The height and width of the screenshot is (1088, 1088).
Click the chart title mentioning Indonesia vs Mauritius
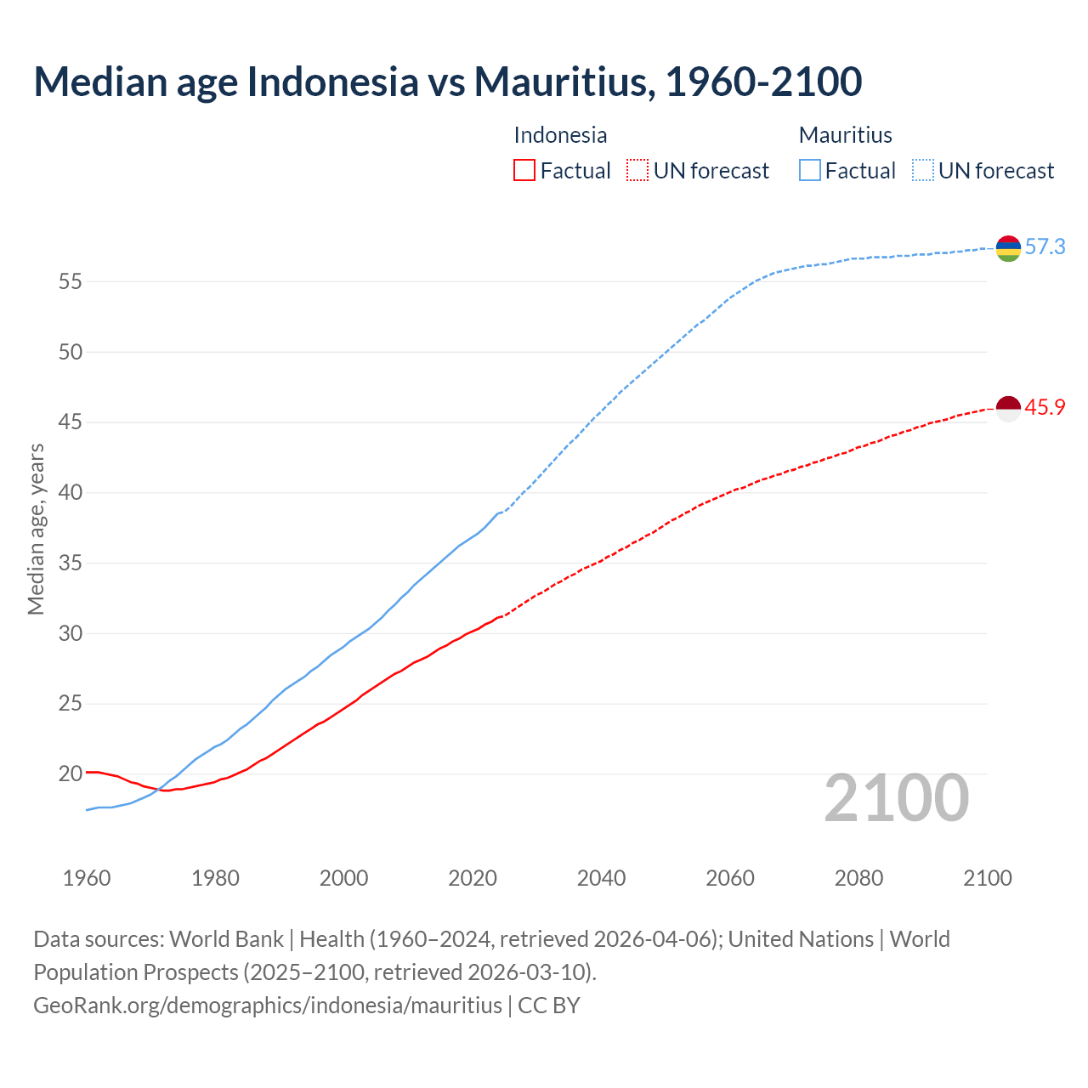pyautogui.click(x=448, y=82)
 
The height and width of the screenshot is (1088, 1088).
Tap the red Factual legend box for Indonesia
pyautogui.click(x=524, y=170)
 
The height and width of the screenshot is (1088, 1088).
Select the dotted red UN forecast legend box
pyautogui.click(x=637, y=170)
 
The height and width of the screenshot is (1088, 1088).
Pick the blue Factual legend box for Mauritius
pyautogui.click(x=810, y=170)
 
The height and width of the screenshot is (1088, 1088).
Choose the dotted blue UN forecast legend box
pyautogui.click(x=923, y=170)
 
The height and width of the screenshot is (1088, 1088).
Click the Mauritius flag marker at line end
pyautogui.click(x=1008, y=248)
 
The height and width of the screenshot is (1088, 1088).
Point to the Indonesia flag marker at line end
pyautogui.click(x=1008, y=409)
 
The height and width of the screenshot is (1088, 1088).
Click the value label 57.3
pyautogui.click(x=1045, y=247)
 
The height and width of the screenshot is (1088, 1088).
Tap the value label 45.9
pyautogui.click(x=1045, y=408)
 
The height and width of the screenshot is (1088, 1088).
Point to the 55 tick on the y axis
pyautogui.click(x=71, y=281)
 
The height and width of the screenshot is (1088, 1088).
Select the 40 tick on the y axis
pyautogui.click(x=71, y=492)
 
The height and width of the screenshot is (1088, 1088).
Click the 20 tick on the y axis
pyautogui.click(x=71, y=773)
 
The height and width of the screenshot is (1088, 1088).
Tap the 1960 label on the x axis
pyautogui.click(x=87, y=878)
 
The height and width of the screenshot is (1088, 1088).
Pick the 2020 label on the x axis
pyautogui.click(x=473, y=878)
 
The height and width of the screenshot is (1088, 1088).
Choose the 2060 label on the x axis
pyautogui.click(x=730, y=878)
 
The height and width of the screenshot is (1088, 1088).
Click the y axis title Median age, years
pyautogui.click(x=36, y=529)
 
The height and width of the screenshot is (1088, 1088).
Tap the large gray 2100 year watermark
pyautogui.click(x=896, y=797)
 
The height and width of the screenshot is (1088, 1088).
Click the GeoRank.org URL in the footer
pyautogui.click(x=268, y=1006)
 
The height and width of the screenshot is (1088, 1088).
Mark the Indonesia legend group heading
pyautogui.click(x=560, y=135)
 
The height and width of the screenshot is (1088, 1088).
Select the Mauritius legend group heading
pyautogui.click(x=845, y=135)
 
